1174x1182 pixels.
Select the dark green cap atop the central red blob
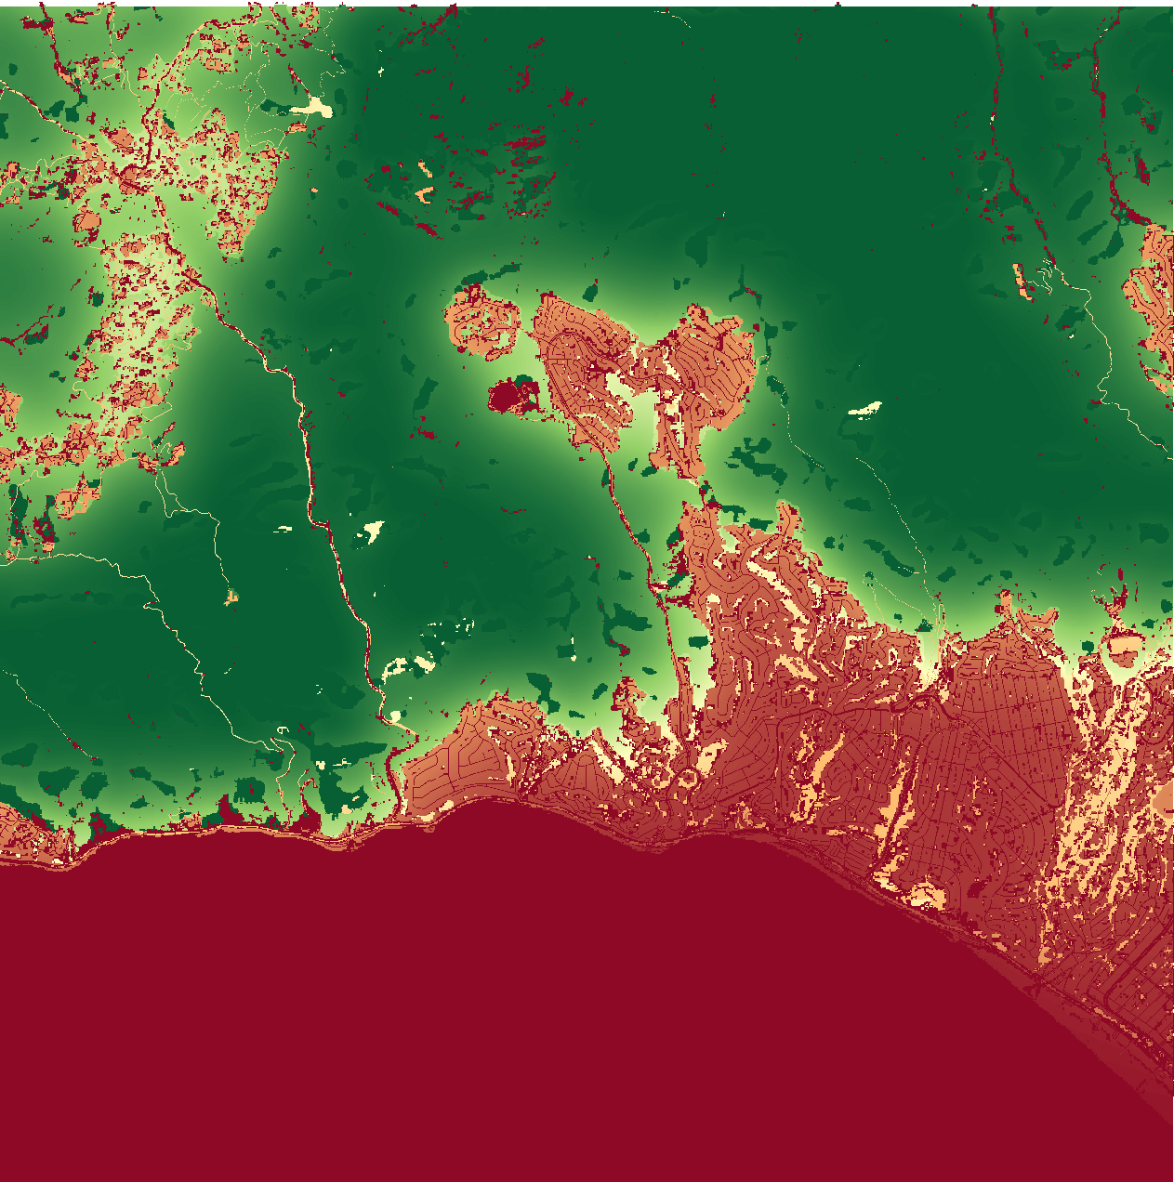click(x=525, y=388)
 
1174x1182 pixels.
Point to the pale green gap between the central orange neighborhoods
click(x=641, y=418)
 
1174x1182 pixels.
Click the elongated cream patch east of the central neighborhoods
click(x=866, y=407)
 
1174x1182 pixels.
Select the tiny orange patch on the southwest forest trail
click(x=231, y=597)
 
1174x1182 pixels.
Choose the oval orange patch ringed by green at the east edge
click(x=1125, y=645)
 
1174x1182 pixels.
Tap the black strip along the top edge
click(x=587, y=3)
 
